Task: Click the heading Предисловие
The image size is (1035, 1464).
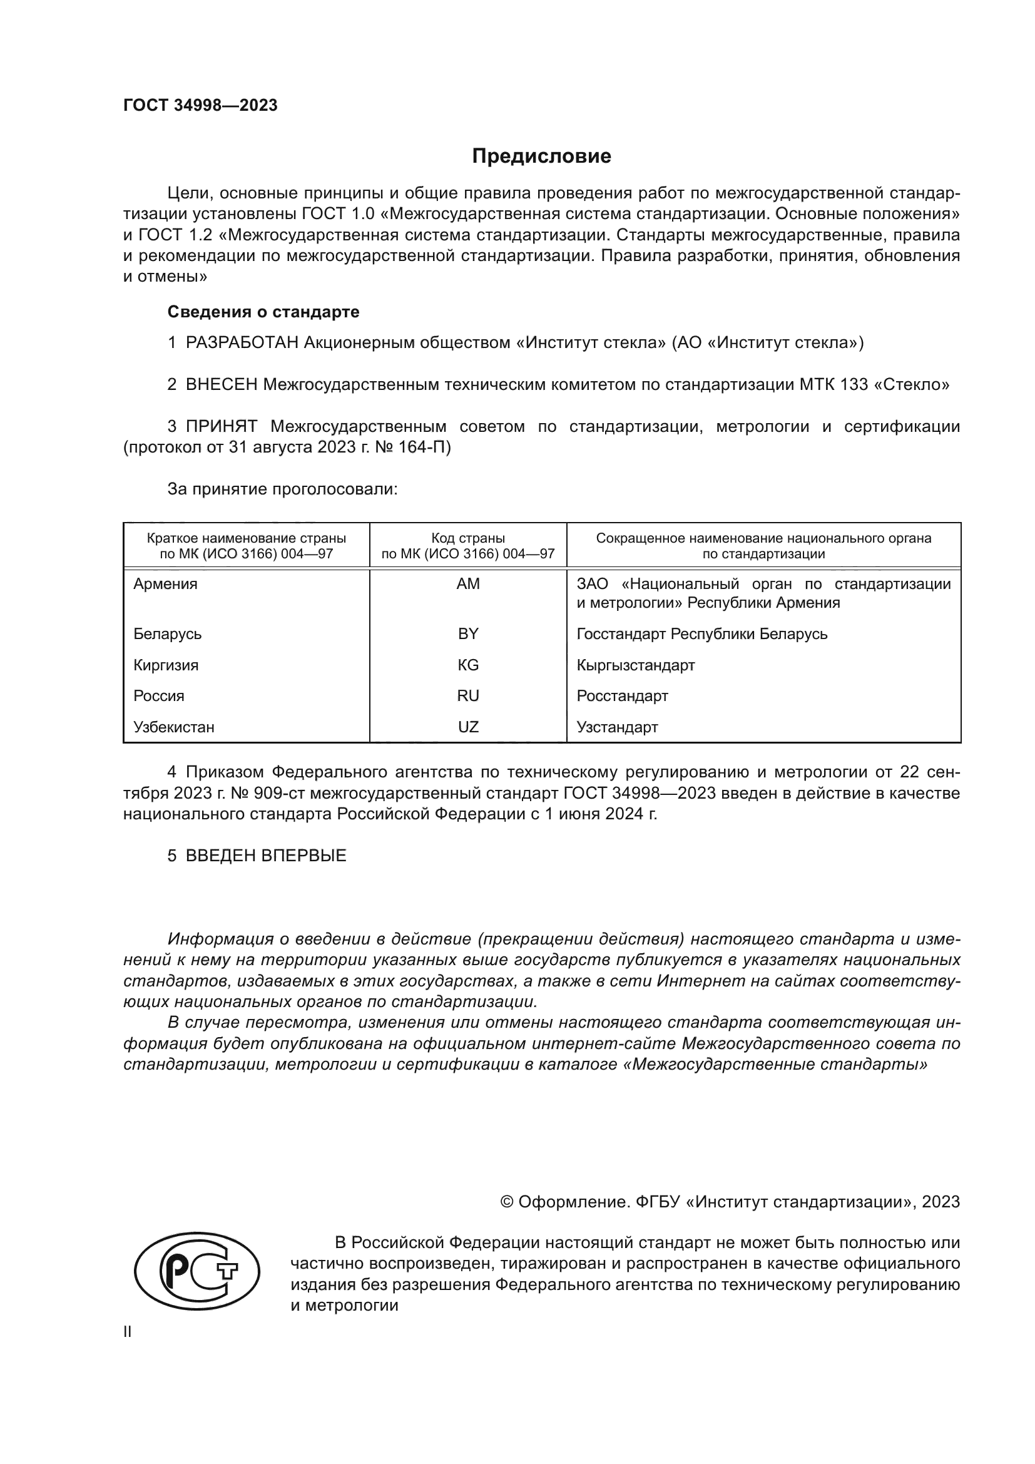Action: coord(541,156)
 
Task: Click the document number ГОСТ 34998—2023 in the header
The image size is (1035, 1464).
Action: coord(200,106)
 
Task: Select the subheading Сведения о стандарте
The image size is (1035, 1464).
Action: coord(263,312)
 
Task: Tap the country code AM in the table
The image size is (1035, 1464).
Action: coord(468,584)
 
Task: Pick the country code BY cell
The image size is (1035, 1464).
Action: coord(468,634)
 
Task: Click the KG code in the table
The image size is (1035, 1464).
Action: coord(468,665)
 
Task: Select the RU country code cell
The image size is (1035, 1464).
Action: coord(468,696)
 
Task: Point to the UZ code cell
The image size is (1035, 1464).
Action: coord(468,727)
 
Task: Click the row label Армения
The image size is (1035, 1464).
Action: coord(165,584)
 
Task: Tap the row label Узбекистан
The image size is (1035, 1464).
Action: coord(173,727)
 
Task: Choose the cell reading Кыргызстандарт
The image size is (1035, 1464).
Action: coord(635,665)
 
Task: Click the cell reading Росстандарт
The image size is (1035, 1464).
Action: coord(622,696)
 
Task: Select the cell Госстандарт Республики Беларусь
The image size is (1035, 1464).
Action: coord(701,634)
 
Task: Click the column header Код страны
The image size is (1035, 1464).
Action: coord(468,538)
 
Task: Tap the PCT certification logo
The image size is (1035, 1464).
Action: coord(197,1271)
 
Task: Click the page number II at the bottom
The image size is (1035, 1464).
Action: coord(128,1332)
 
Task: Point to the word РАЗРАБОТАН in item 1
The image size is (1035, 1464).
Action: coord(242,343)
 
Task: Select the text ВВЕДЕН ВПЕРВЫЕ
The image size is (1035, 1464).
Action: coord(266,856)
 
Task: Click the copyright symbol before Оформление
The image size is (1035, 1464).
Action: coord(507,1202)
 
